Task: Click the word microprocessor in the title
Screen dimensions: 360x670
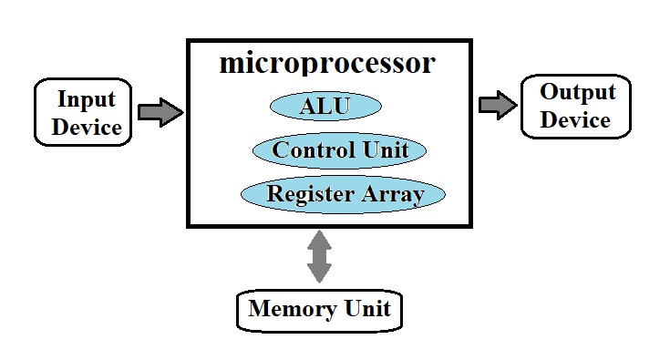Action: point(327,64)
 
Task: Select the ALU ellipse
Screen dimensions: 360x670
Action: point(325,107)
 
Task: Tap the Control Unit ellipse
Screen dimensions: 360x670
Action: point(338,150)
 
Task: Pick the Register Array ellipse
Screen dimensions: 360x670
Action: point(343,194)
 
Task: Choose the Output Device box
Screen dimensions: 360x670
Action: point(576,106)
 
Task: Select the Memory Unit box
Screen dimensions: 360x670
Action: point(318,309)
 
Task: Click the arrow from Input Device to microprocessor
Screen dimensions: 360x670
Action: point(160,112)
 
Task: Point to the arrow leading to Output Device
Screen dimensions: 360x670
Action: point(497,106)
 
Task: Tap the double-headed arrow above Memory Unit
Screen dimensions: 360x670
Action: point(319,256)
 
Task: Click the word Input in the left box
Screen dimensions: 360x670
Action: point(87,98)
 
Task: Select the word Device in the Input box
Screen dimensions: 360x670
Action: point(87,126)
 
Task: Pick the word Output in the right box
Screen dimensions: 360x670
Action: point(577,92)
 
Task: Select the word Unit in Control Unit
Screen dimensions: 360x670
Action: point(384,150)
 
